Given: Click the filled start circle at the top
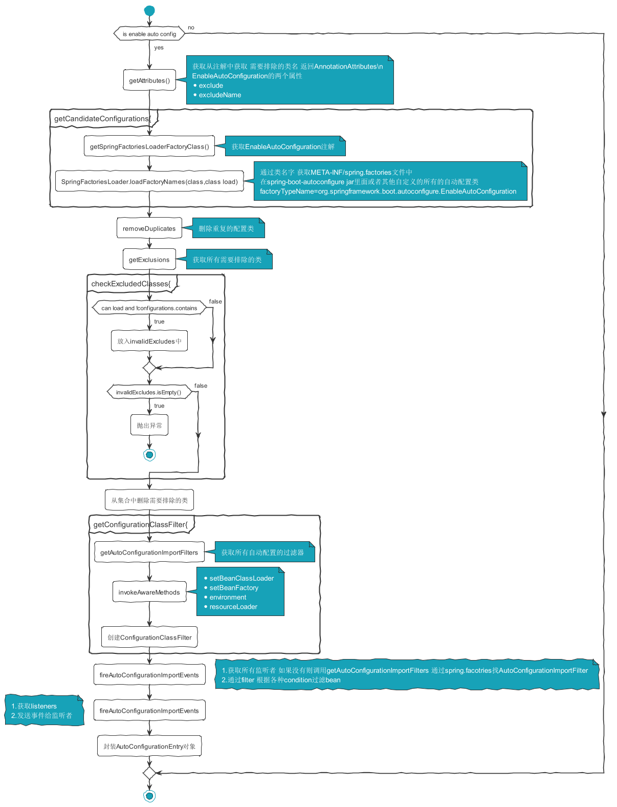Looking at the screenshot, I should (x=149, y=10).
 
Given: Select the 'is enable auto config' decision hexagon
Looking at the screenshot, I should (x=149, y=34).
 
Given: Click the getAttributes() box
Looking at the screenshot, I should (x=149, y=80).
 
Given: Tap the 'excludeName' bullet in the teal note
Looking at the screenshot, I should (x=219, y=95).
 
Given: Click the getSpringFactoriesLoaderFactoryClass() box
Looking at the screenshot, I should (x=149, y=146).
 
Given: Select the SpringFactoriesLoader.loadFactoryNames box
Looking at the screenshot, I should (x=149, y=181).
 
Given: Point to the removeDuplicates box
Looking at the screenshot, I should (x=149, y=228).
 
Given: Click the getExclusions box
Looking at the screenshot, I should (x=149, y=260).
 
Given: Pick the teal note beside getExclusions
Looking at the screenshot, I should (x=229, y=260).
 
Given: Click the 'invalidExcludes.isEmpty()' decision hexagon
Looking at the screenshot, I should (x=149, y=392).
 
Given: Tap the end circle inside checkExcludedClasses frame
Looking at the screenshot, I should (x=149, y=454).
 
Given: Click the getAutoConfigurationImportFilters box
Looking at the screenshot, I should (x=149, y=553).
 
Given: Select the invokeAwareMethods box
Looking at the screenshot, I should (x=149, y=592).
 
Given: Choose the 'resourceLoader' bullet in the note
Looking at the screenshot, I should (x=233, y=607).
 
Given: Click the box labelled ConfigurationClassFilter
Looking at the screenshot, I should (x=149, y=638).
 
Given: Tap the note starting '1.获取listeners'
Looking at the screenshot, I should (x=44, y=710).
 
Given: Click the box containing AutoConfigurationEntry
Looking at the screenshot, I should (x=149, y=746).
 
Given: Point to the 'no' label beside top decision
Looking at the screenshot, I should (x=191, y=28).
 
